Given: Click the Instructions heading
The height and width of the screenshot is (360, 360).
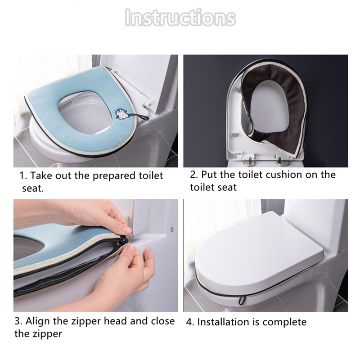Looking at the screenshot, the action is tap(180, 18).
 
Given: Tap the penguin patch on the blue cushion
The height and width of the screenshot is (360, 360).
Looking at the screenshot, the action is tap(121, 114).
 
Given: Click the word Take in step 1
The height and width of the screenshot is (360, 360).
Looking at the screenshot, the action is tap(41, 175).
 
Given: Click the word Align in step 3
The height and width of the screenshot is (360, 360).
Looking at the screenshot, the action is tap(37, 321).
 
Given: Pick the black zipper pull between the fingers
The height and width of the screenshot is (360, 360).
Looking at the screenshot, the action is tap(124, 240).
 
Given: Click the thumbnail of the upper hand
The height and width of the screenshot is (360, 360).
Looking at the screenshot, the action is tap(127, 229).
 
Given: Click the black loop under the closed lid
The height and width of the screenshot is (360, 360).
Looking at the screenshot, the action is tap(242, 300).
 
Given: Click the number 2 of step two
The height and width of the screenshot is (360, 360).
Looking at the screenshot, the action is tap(194, 175).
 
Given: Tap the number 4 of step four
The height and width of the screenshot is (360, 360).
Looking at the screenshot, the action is tap(190, 322).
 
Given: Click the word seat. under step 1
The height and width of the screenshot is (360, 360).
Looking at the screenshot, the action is tap(33, 189).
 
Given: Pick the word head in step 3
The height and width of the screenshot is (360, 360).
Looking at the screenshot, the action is tap(115, 321).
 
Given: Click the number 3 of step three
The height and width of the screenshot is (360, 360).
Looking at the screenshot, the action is tap(18, 321).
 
